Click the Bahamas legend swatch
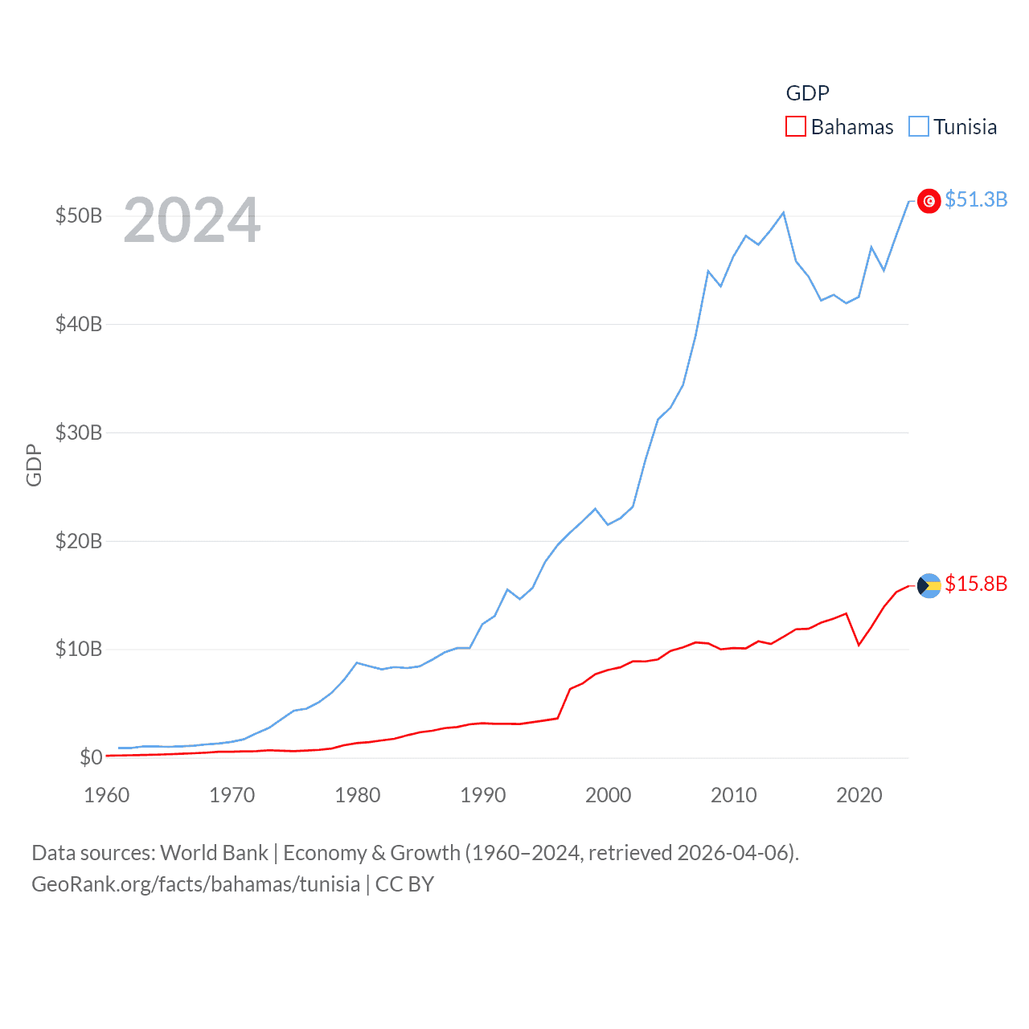pos(795,127)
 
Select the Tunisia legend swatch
pos(918,127)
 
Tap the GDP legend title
pos(807,93)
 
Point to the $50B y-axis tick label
pos(78,216)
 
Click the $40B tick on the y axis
pos(78,325)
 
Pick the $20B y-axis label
pos(78,541)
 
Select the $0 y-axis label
pos(91,757)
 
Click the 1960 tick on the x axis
pos(107,795)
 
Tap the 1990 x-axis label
pos(483,795)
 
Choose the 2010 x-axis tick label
pos(734,795)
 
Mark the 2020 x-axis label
pos(859,795)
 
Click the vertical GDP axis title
pos(34,465)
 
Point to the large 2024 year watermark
pos(191,220)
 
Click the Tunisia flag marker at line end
pos(929,201)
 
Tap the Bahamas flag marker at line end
pos(929,585)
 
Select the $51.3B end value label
pos(976,199)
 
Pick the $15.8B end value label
pos(976,584)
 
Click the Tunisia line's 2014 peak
pos(784,213)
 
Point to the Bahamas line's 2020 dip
pos(859,645)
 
